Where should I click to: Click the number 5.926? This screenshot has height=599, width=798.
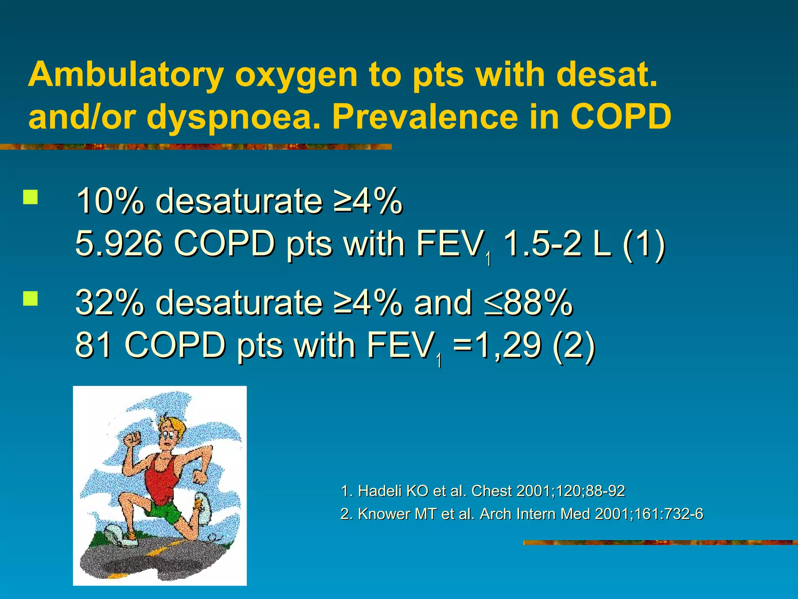[x=118, y=244]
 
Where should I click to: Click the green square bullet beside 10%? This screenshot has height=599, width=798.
[x=30, y=197]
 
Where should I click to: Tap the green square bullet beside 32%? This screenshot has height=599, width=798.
[x=30, y=298]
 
